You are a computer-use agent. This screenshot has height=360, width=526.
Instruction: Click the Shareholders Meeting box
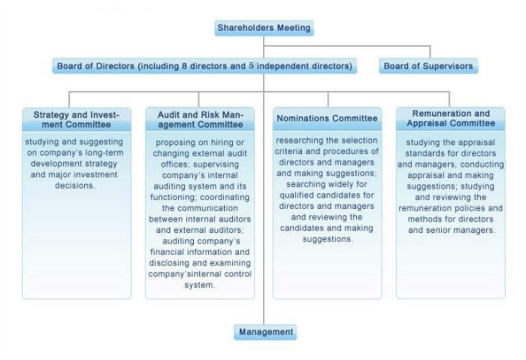263,28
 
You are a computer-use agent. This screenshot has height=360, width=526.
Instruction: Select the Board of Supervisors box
428,66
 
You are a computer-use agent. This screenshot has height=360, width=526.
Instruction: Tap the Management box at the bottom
265,331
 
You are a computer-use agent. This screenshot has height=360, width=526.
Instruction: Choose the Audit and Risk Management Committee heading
200,119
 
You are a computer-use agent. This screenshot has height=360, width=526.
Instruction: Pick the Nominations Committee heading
327,119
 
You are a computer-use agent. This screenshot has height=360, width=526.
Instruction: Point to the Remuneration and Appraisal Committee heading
451,118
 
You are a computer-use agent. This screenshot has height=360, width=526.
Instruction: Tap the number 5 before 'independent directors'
252,66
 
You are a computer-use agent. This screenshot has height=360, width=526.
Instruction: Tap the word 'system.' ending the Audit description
200,286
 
